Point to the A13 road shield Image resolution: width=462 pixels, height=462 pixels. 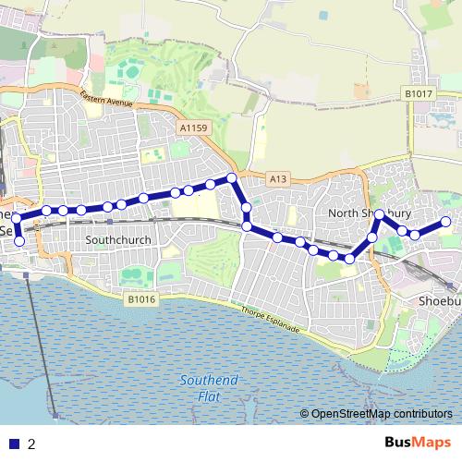pos(279,177)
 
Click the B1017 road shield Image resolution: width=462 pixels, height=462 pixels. pos(418,93)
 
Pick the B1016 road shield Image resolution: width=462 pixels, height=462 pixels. pos(141,299)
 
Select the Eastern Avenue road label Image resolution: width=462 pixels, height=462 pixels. pos(108,96)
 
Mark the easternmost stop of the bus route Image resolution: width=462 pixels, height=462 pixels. pos(445,222)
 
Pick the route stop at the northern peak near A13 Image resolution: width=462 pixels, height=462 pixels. pos(232,176)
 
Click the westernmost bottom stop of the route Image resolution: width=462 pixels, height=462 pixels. pos(19,241)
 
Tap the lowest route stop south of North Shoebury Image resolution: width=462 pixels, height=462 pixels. pos(350,260)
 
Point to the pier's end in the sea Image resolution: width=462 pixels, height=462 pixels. pos(57,416)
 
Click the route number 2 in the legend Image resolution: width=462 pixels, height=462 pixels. pos(32,444)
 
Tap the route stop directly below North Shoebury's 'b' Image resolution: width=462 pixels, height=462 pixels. pos(380,215)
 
